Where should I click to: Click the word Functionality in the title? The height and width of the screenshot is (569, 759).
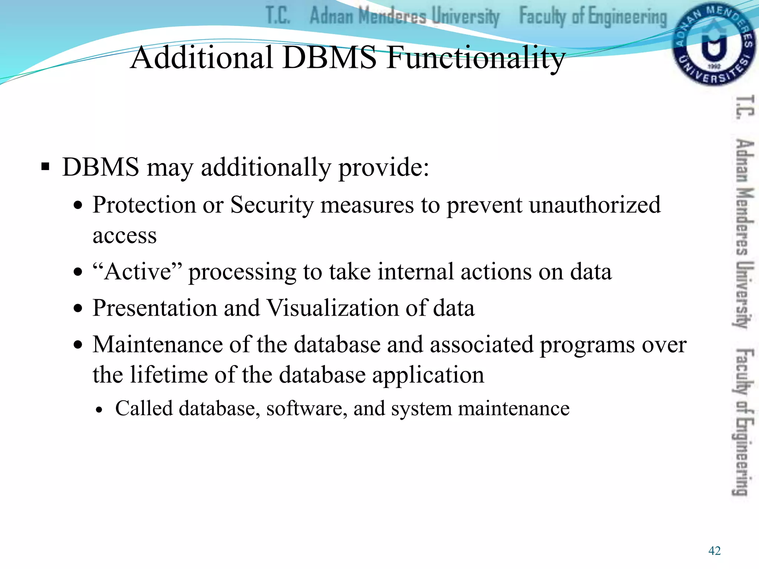point(475,58)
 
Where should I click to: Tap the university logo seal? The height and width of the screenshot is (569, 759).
point(713,44)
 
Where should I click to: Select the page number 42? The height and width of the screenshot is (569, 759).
point(714,551)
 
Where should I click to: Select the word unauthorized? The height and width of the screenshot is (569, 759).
point(594,204)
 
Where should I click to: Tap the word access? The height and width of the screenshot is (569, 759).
point(125,236)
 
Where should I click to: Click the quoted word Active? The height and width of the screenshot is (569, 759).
point(138,272)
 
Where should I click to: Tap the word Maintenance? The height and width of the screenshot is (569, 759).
point(158,345)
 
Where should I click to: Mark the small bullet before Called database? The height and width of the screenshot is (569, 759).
point(99,410)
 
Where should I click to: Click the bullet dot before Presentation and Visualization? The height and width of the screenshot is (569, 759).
point(78,309)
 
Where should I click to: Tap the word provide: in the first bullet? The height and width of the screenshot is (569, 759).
point(384,167)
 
